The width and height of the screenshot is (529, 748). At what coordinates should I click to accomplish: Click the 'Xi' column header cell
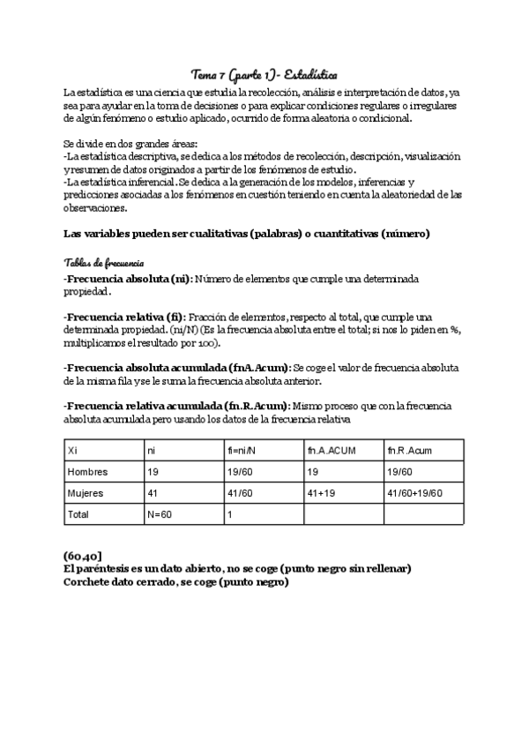pyautogui.click(x=73, y=451)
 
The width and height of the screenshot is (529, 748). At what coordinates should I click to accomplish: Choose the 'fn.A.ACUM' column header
pyautogui.click(x=331, y=451)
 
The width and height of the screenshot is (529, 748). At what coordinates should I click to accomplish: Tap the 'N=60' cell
pyautogui.click(x=160, y=512)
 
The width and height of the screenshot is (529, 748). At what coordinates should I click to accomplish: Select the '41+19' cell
pyautogui.click(x=322, y=492)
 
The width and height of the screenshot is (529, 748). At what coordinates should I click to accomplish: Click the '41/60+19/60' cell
pyautogui.click(x=414, y=492)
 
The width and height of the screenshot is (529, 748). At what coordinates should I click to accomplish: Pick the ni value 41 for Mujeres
pyautogui.click(x=153, y=492)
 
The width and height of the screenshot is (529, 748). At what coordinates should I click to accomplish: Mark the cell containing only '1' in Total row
pyautogui.click(x=230, y=512)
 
